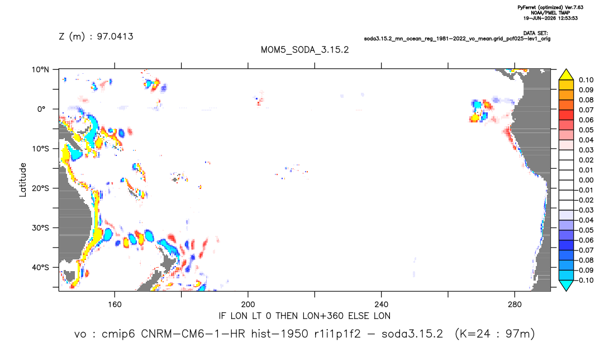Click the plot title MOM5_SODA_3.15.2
pos(304,50)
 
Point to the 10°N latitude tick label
pos(40,70)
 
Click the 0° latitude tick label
pos(41,109)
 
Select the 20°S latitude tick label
pos(40,188)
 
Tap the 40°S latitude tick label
pos(40,267)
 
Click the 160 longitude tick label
pos(115,305)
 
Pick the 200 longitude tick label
pos(248,305)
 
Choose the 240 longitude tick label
pos(381,305)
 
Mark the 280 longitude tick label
pos(515,305)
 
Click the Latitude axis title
pos(23,180)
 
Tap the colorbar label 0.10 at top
pos(586,80)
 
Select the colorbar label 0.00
pos(586,180)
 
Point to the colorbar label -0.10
pos(584,280)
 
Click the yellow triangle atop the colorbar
pos(566,75)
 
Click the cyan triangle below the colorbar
pos(566,285)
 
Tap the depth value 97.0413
pos(115,36)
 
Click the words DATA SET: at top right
pos(535,34)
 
